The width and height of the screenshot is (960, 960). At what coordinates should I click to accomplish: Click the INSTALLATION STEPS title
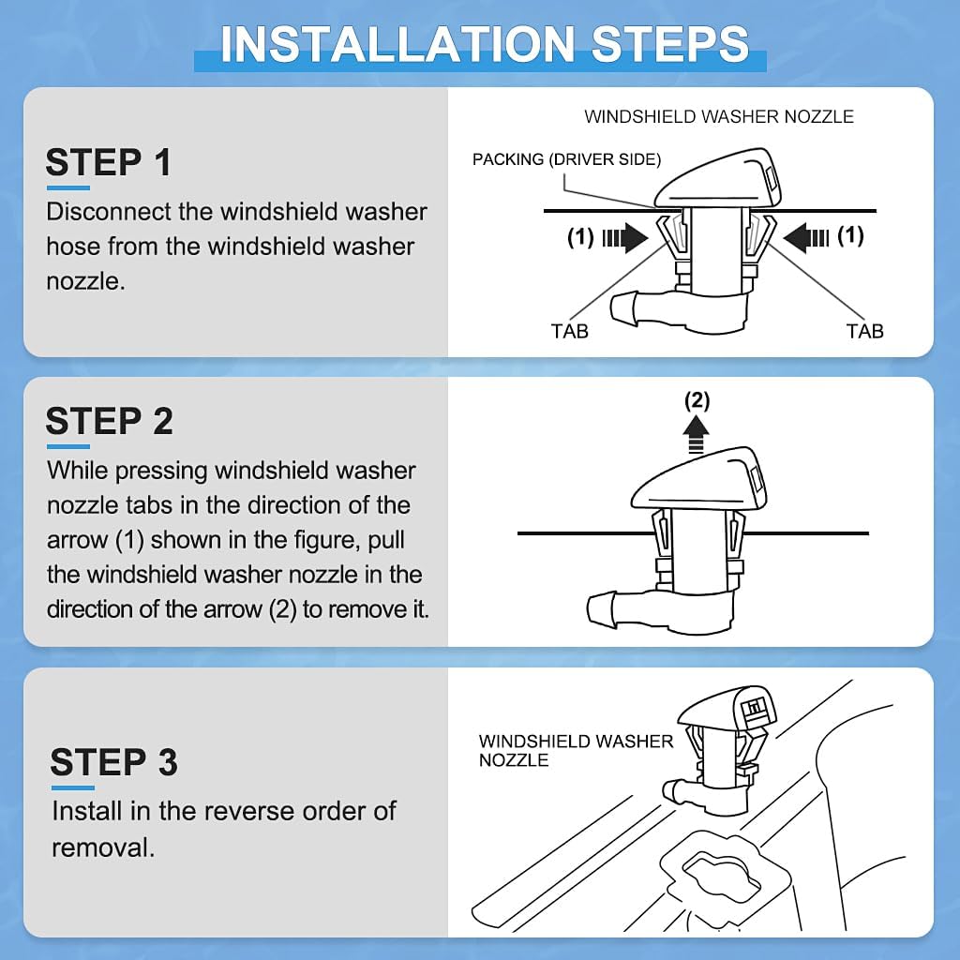[x=485, y=44]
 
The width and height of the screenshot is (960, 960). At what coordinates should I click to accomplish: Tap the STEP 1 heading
[x=108, y=162]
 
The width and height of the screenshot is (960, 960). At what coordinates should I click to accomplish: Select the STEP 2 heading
[x=109, y=421]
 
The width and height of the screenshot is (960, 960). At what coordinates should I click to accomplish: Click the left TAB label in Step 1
[x=569, y=331]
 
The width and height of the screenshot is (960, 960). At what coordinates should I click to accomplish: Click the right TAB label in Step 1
[x=864, y=331]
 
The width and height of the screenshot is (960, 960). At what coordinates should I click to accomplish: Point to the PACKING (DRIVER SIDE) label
[x=566, y=159]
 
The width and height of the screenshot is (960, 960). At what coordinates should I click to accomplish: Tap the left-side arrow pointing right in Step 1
[x=625, y=237]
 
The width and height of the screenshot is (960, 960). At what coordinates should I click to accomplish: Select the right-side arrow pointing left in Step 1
[x=806, y=237]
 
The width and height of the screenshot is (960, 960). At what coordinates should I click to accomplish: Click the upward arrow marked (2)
[x=697, y=435]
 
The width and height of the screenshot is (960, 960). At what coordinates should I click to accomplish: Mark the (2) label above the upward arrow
[x=697, y=401]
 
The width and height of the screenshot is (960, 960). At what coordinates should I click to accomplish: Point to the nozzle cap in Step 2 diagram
[x=698, y=481]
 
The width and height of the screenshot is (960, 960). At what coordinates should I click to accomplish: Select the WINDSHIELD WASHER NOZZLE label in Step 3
[x=576, y=751]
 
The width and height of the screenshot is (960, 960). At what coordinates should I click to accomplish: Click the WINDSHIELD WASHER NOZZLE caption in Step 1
[x=719, y=116]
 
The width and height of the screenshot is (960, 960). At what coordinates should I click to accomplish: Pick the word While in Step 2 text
[x=77, y=471]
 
